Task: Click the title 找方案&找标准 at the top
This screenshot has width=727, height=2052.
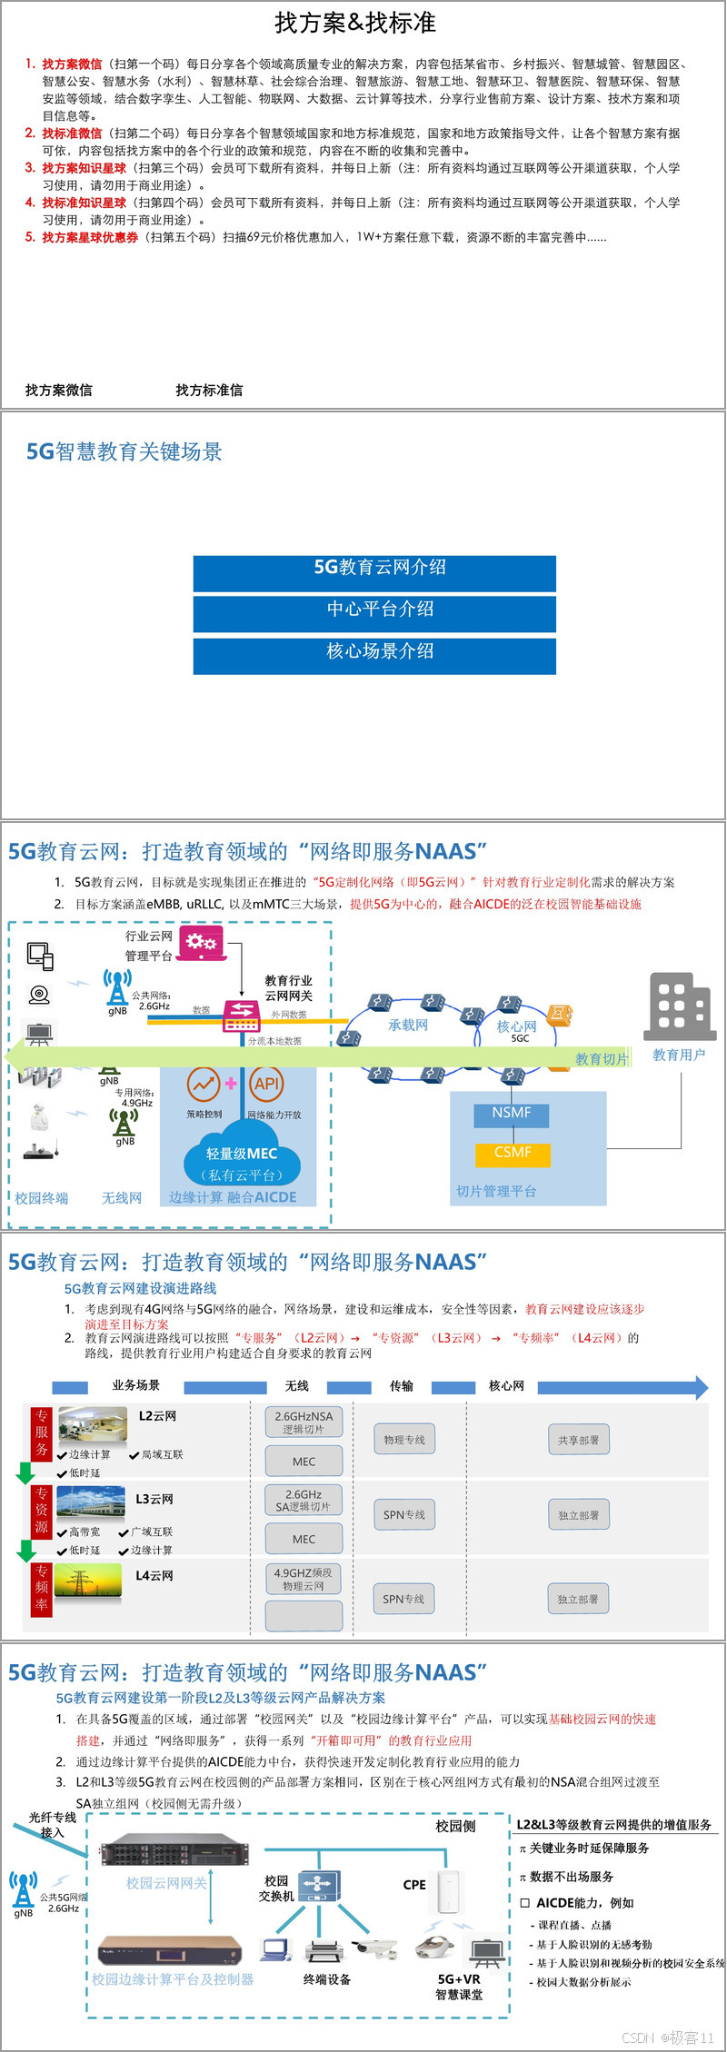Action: pyautogui.click(x=355, y=23)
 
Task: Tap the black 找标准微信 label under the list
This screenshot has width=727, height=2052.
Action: pyautogui.click(x=209, y=391)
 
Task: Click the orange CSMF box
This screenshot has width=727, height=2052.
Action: pyautogui.click(x=512, y=1153)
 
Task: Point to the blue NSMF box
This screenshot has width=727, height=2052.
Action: pyautogui.click(x=512, y=1114)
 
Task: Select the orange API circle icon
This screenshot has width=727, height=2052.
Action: pyautogui.click(x=266, y=1084)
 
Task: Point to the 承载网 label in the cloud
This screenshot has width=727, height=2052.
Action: pyautogui.click(x=408, y=1026)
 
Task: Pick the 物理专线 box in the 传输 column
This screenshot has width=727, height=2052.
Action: pyautogui.click(x=404, y=1440)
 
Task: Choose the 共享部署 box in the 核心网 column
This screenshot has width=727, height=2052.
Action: pyautogui.click(x=578, y=1440)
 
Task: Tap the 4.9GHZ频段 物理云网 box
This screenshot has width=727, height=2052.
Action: pyautogui.click(x=304, y=1579)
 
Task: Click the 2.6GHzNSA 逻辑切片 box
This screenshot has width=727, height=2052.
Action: pyautogui.click(x=304, y=1423)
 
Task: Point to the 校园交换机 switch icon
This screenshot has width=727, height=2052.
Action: pyautogui.click(x=319, y=1887)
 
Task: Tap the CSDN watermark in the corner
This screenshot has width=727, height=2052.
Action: pyautogui.click(x=668, y=2037)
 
